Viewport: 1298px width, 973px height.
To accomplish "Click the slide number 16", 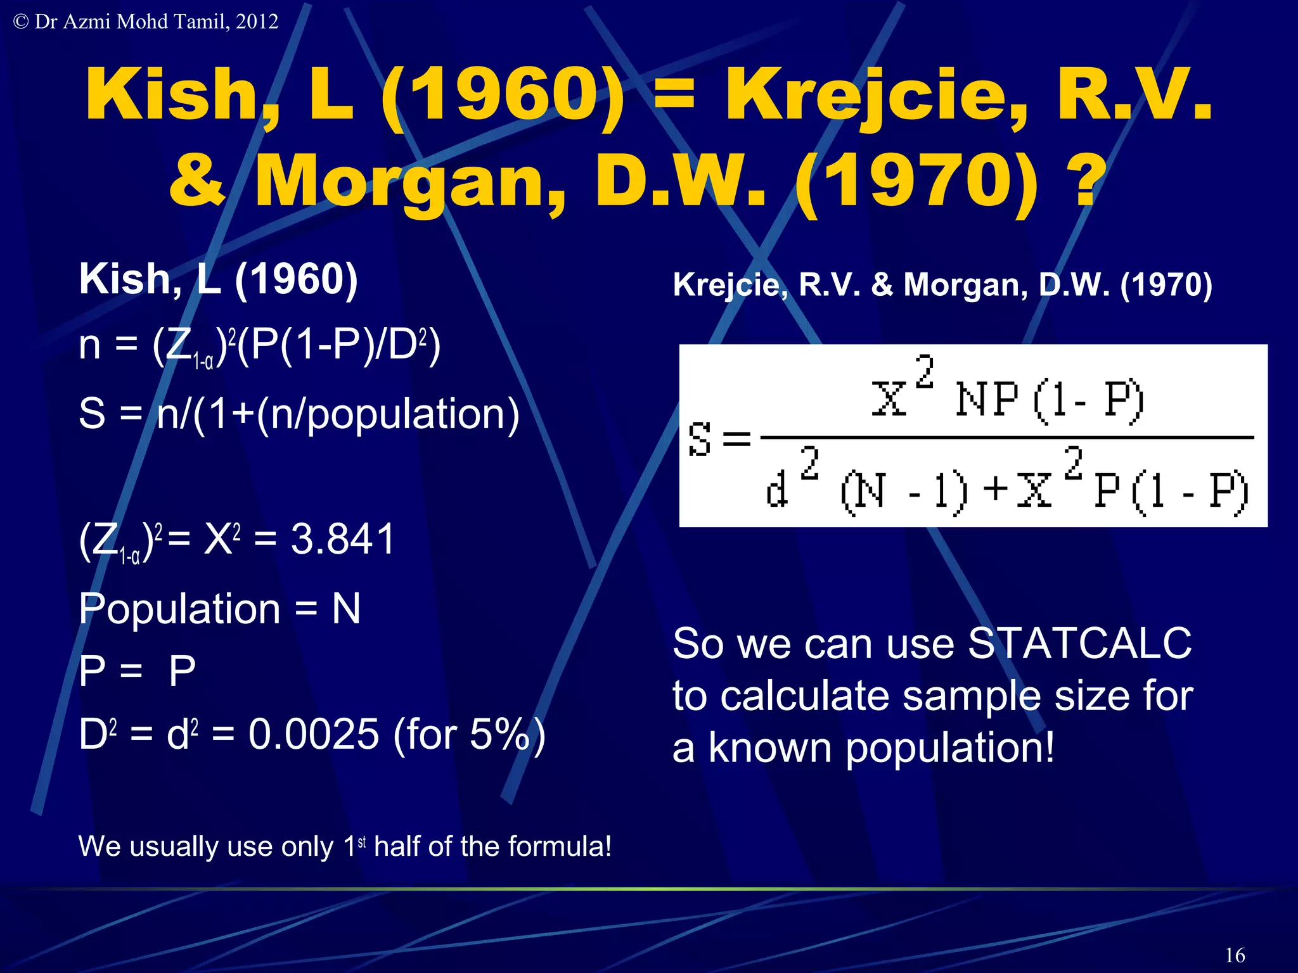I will tap(1235, 955).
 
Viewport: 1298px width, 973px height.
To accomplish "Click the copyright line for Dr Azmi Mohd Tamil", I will tap(146, 22).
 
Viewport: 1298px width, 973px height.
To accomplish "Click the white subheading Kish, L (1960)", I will tap(218, 279).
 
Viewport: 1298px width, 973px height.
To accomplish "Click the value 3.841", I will tap(343, 539).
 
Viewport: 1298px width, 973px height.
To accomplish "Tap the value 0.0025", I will tap(314, 734).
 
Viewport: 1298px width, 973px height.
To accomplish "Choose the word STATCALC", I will tap(1080, 644).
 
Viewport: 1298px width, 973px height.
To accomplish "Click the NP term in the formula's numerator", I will tap(986, 400).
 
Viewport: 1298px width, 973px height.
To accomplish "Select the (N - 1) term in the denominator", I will tap(904, 491).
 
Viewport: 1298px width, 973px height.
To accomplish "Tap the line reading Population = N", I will tap(219, 609).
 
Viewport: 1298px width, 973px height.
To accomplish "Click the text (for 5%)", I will tap(469, 734).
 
